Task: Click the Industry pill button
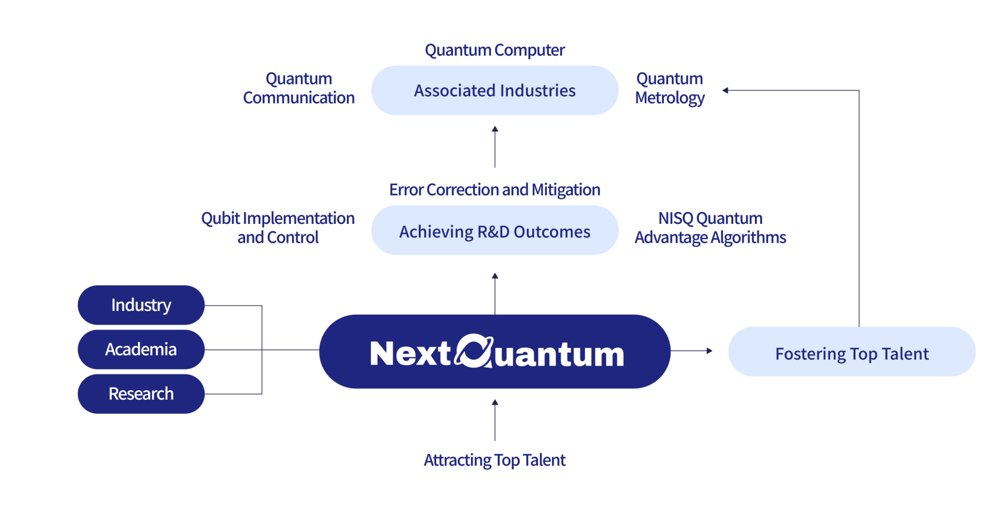pyautogui.click(x=141, y=305)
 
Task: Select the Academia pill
pyautogui.click(x=141, y=350)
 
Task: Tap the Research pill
pyautogui.click(x=141, y=394)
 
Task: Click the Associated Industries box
pyautogui.click(x=494, y=91)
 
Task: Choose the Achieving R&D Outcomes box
pyautogui.click(x=494, y=232)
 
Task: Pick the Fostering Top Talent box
pyautogui.click(x=851, y=353)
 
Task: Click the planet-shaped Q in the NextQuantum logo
pyautogui.click(x=473, y=352)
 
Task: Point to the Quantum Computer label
pyautogui.click(x=494, y=50)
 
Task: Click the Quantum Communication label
pyautogui.click(x=299, y=88)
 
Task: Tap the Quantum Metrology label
pyautogui.click(x=669, y=88)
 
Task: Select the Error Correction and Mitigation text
pyautogui.click(x=494, y=190)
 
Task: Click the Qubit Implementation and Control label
pyautogui.click(x=278, y=228)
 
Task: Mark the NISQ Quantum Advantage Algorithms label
pyautogui.click(x=710, y=228)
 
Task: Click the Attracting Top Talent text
pyautogui.click(x=494, y=460)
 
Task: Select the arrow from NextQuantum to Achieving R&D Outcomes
pyautogui.click(x=494, y=293)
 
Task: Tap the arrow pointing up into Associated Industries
pyautogui.click(x=494, y=147)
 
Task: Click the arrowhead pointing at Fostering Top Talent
pyautogui.click(x=710, y=351)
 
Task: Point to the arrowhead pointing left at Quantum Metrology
pyautogui.click(x=725, y=90)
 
